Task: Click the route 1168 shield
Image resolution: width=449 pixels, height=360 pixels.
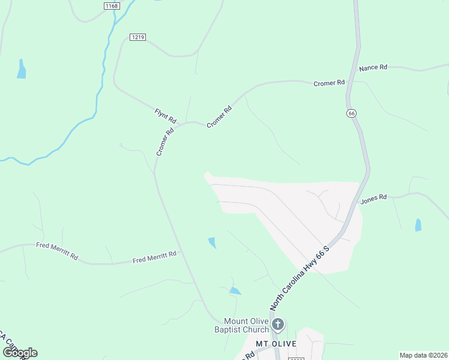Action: [x=112, y=6]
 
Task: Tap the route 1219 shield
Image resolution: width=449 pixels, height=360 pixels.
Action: [x=137, y=37]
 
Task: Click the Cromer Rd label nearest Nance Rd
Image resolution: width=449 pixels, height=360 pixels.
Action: [x=330, y=83]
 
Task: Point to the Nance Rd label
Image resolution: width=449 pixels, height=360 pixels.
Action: [x=373, y=68]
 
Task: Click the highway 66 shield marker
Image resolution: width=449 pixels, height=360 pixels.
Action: [x=351, y=113]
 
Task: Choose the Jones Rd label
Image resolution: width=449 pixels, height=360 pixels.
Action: [x=373, y=199]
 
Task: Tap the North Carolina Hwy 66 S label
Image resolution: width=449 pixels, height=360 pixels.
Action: [x=300, y=277]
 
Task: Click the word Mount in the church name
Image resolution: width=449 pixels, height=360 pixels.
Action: [x=235, y=321]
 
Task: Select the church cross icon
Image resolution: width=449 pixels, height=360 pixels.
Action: [x=277, y=325]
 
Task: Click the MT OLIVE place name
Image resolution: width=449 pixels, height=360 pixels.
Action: [x=276, y=343]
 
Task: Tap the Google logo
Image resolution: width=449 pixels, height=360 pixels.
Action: [x=20, y=352]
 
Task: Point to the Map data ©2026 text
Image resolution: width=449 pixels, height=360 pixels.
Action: [x=423, y=355]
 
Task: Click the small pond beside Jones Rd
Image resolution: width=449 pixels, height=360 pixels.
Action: [x=418, y=225]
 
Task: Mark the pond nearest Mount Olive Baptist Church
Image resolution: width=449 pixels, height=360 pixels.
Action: [x=235, y=291]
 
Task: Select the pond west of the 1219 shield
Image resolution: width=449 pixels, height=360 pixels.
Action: [x=22, y=70]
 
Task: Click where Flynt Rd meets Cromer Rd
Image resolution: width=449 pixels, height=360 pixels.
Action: [x=184, y=123]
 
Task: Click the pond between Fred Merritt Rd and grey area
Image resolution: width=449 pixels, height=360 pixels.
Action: [x=212, y=242]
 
